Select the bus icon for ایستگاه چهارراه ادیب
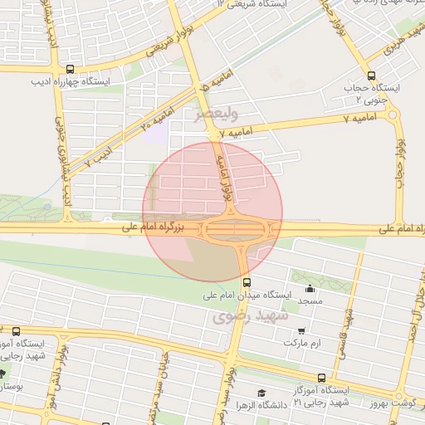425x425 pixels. [69, 70]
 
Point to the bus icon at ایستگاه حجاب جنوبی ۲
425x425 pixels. [371, 72]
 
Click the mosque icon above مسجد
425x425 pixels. [310, 289]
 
